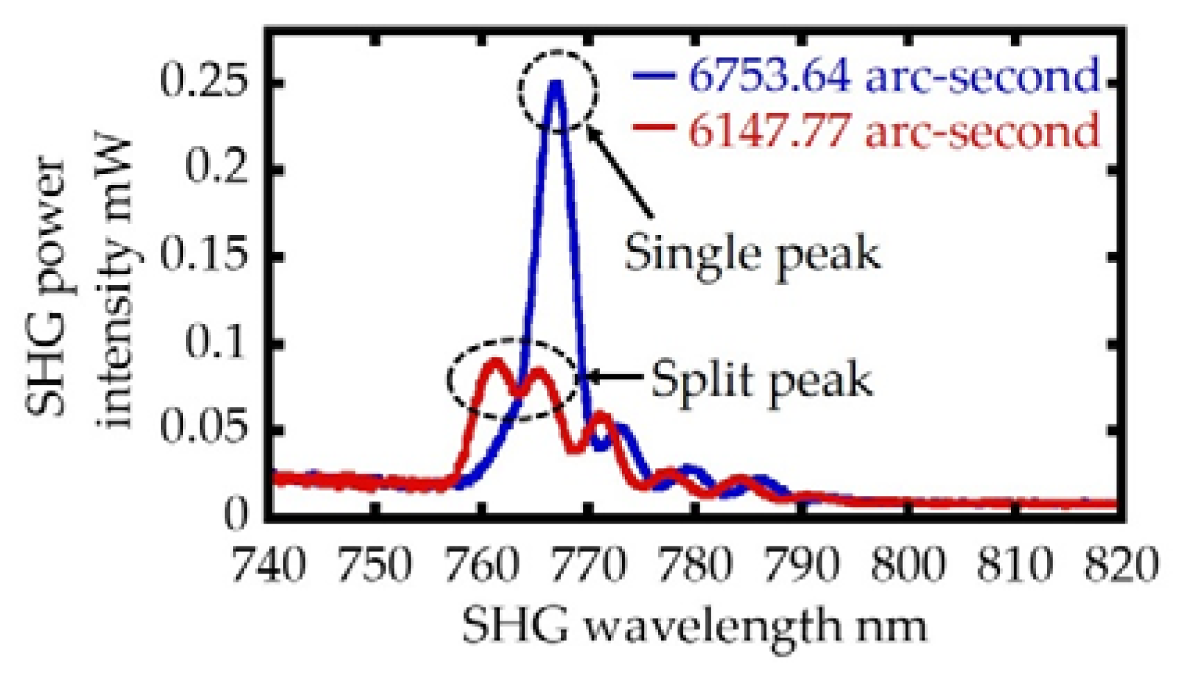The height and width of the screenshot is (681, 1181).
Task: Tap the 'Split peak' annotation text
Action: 761,380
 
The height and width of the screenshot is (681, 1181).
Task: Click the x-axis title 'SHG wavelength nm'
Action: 693,626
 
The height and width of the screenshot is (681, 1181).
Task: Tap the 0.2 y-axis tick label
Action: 216,169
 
